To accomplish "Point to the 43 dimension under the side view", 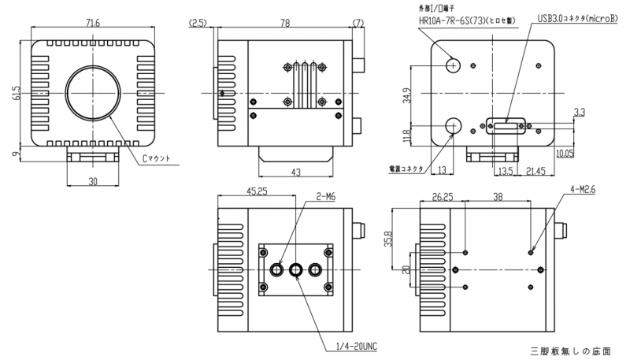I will tap(296, 172).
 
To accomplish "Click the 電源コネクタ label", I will tap(406, 169).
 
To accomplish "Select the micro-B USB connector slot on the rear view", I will tap(504, 125).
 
